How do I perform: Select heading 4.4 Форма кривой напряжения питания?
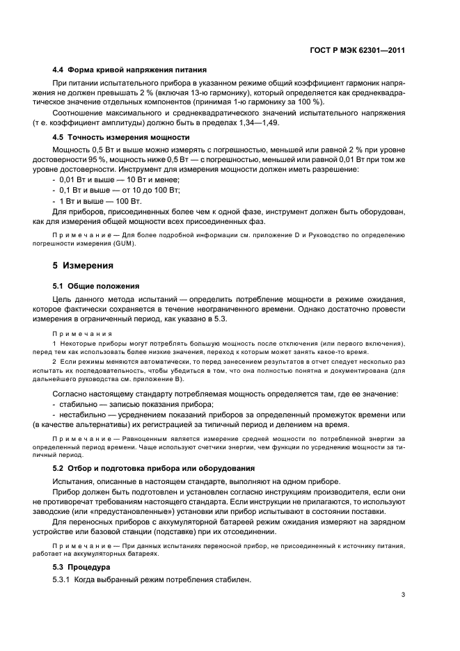pyautogui.click(x=129, y=70)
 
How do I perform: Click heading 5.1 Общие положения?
pyautogui.click(x=96, y=285)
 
